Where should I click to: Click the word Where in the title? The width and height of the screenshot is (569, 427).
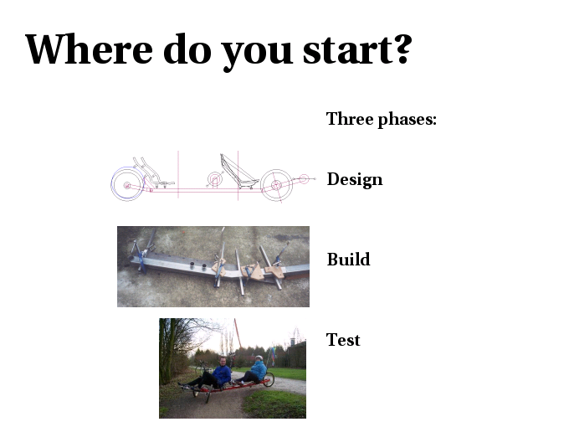coord(90,49)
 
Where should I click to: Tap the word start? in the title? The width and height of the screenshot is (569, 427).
coord(357,49)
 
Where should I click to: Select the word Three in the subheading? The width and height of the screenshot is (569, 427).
coord(350,119)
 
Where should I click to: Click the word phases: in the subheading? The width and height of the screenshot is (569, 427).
coord(408,120)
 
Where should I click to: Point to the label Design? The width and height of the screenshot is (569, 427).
coord(355,179)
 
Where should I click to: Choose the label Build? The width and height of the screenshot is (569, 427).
coord(349,260)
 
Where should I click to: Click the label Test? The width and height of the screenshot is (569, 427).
coord(343,340)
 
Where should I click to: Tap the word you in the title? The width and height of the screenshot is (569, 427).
coord(257,53)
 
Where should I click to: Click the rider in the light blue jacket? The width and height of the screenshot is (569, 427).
coord(254,370)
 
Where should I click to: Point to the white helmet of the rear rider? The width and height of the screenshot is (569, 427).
coord(259,358)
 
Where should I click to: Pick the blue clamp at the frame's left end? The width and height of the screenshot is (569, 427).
coord(141,260)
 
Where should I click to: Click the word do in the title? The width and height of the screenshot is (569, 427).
coord(187,49)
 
